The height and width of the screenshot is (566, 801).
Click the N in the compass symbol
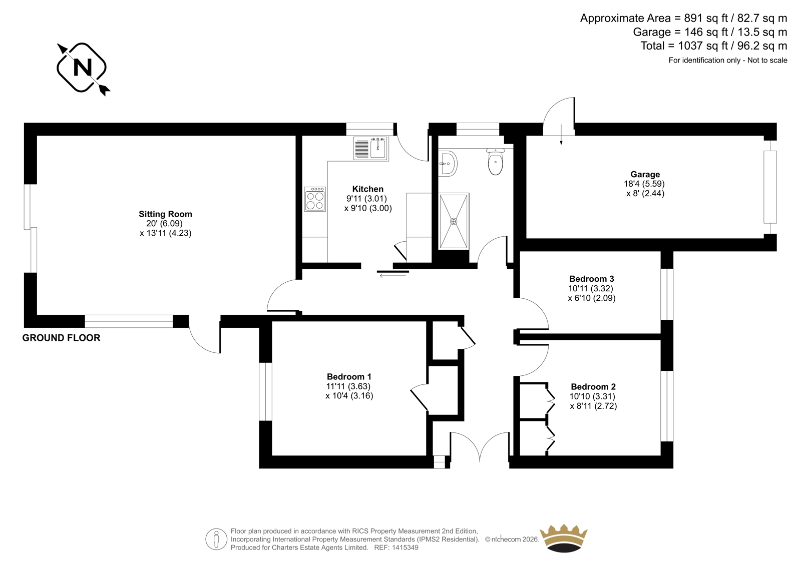point(82,68)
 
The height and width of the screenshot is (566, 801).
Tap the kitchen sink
point(371,149)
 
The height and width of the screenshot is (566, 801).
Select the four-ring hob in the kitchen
point(315,199)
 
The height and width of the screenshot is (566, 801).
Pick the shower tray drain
point(454,221)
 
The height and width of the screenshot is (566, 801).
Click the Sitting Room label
point(166,214)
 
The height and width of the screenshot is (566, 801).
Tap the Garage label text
point(645,175)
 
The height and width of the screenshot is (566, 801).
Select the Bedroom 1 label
point(349,376)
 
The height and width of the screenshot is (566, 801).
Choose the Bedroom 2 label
point(593,386)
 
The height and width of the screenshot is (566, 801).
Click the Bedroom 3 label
point(592,279)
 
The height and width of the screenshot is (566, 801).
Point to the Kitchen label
point(367,189)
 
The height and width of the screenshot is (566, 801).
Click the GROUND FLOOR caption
point(61,338)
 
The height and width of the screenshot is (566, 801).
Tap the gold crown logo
point(564,539)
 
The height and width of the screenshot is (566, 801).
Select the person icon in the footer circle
point(216,539)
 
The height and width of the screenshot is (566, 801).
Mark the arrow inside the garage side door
point(561,135)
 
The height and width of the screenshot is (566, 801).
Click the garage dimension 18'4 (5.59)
point(644,184)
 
